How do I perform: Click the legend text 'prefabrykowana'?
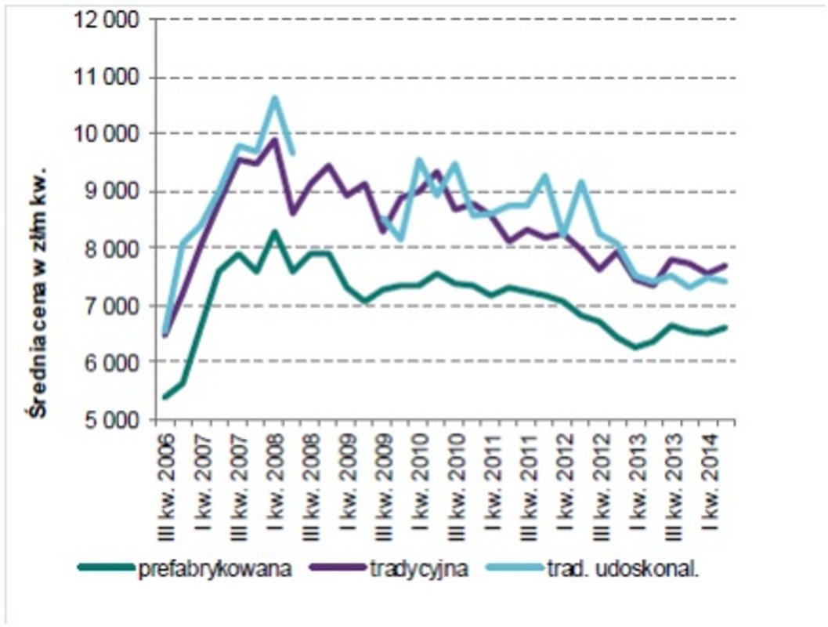pyautogui.click(x=215, y=569)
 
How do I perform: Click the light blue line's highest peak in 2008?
pyautogui.click(x=274, y=99)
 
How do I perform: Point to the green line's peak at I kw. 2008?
pyautogui.click(x=274, y=231)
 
